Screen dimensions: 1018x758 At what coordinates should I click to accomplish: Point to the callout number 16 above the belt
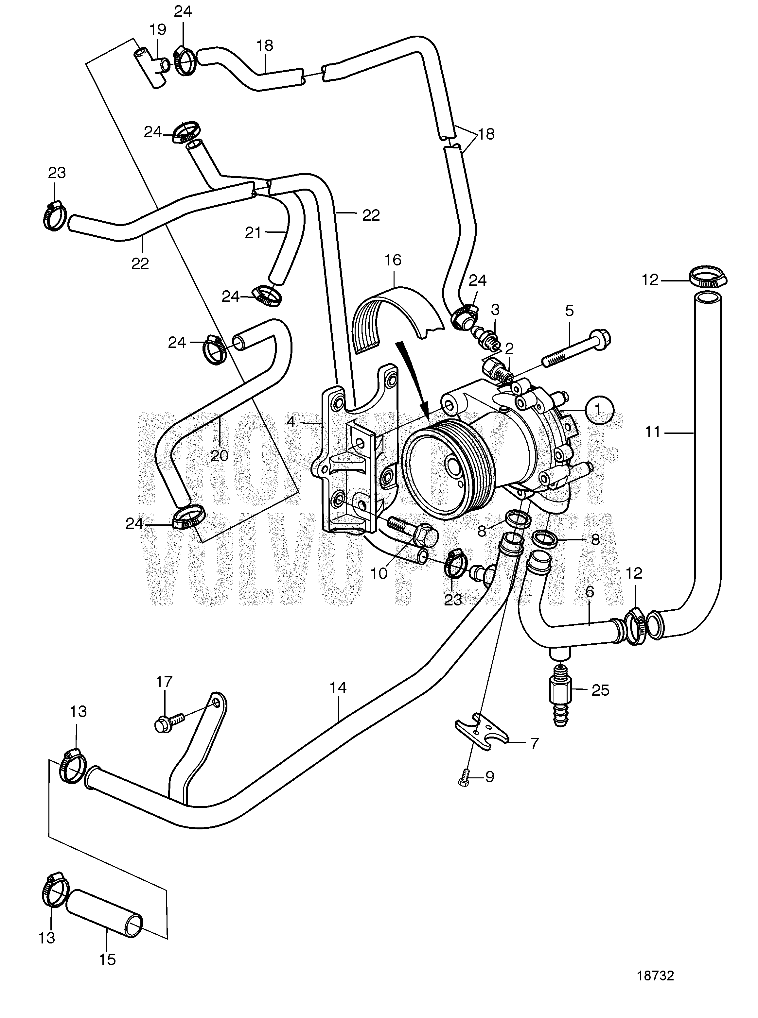(393, 261)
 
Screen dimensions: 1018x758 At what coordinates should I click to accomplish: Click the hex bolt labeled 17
(165, 726)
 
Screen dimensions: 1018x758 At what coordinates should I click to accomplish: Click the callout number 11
(652, 432)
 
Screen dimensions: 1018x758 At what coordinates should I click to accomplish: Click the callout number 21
(253, 233)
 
